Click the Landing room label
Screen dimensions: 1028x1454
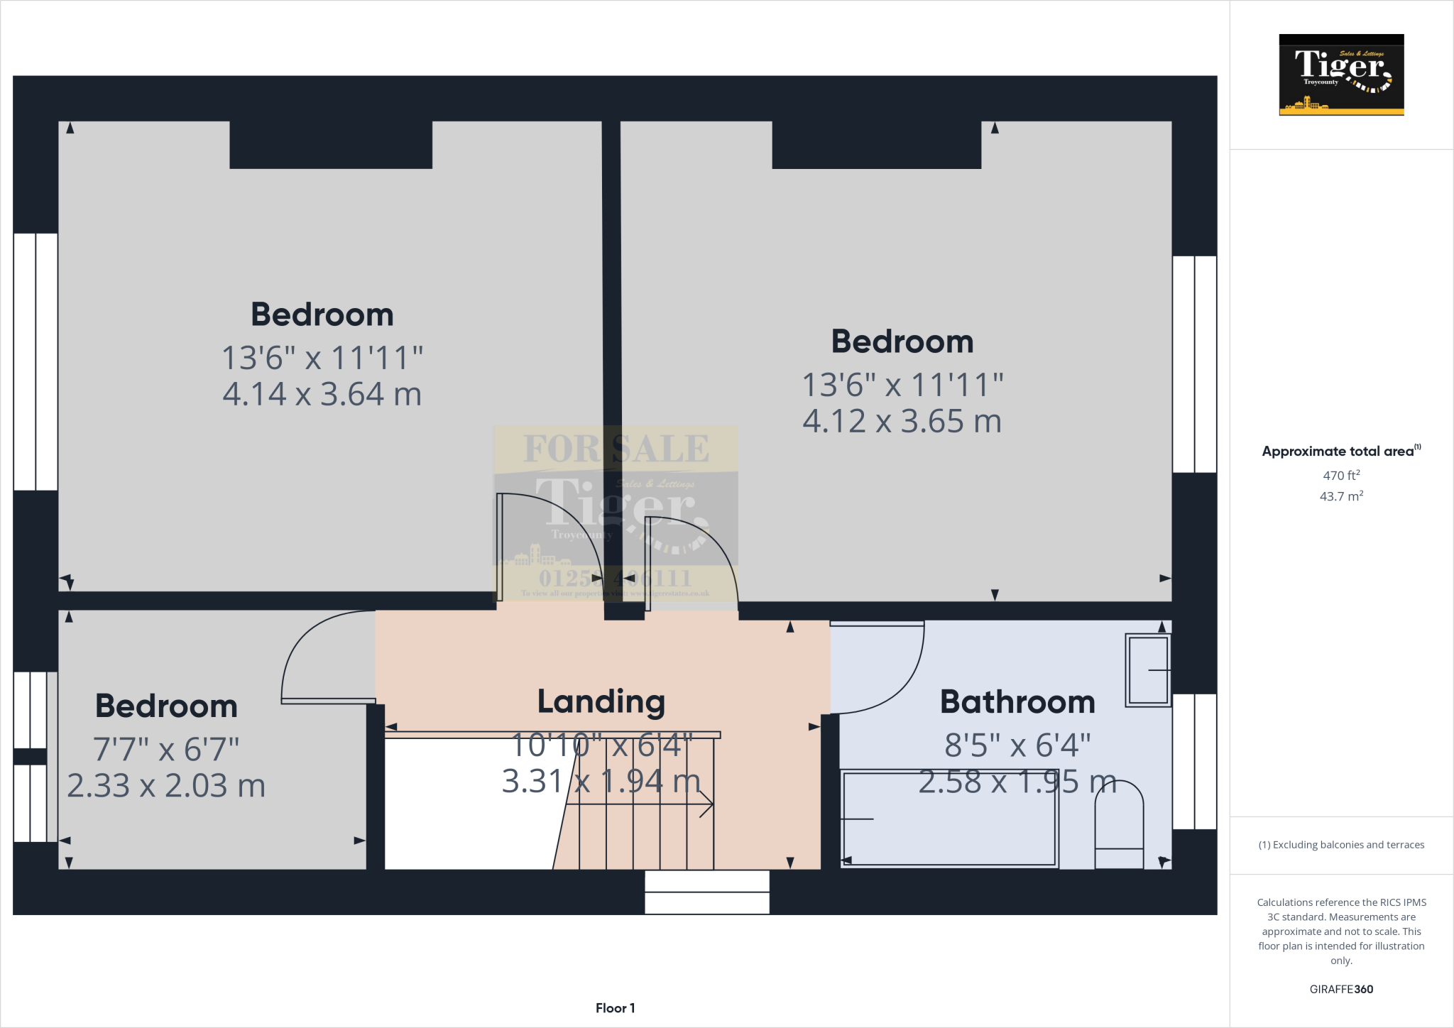pos(601,701)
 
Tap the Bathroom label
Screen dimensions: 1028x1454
pos(1017,702)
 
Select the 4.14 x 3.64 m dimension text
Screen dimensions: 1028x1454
pos(322,395)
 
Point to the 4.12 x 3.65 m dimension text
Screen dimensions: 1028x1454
pos(902,422)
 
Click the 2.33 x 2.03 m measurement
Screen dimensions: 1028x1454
pos(166,786)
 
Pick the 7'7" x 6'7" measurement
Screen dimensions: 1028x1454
pos(166,749)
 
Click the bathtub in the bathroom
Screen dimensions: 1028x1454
pos(949,819)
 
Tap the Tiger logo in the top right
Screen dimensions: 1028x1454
pos(1341,75)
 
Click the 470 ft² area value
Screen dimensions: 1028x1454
pos(1341,476)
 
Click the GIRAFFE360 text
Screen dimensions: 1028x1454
pos(1341,989)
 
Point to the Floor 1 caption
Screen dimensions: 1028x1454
pos(615,1008)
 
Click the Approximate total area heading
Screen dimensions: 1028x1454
pos(1339,452)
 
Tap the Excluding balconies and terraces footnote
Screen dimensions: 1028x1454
pos(1341,845)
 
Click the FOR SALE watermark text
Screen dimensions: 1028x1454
pos(616,449)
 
